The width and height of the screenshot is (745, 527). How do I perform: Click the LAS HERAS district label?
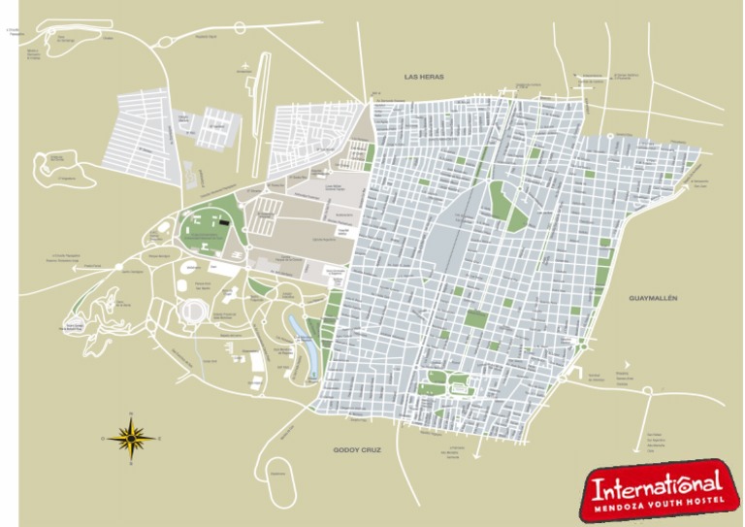423,75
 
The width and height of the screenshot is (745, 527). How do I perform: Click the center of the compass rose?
129,439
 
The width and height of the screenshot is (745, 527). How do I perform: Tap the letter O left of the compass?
102,439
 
